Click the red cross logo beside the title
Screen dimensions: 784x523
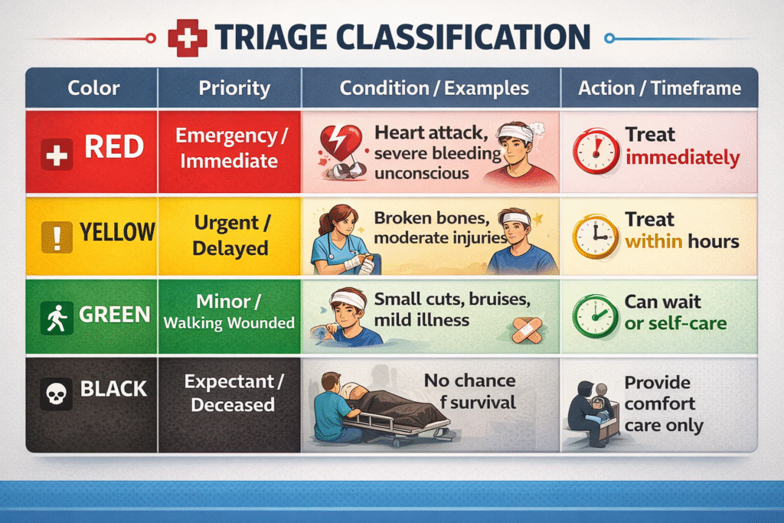click(x=188, y=38)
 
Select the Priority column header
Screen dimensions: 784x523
click(x=234, y=88)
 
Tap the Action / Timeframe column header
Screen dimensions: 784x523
click(x=659, y=89)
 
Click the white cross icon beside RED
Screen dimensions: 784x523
click(x=57, y=155)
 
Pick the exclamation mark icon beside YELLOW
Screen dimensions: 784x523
click(x=57, y=236)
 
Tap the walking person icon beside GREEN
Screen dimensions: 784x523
click(x=57, y=318)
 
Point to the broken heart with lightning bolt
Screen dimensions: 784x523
click(x=341, y=143)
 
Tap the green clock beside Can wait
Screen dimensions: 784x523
click(x=595, y=316)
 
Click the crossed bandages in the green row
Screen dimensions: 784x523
click(x=527, y=330)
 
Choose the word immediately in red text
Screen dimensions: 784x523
click(x=682, y=158)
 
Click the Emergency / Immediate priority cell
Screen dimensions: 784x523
click(x=230, y=152)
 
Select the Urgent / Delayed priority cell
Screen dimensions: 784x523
click(x=230, y=236)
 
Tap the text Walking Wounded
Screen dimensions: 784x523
click(x=229, y=323)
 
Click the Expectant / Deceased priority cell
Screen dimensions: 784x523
click(x=230, y=404)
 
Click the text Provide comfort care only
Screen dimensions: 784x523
click(x=664, y=404)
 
